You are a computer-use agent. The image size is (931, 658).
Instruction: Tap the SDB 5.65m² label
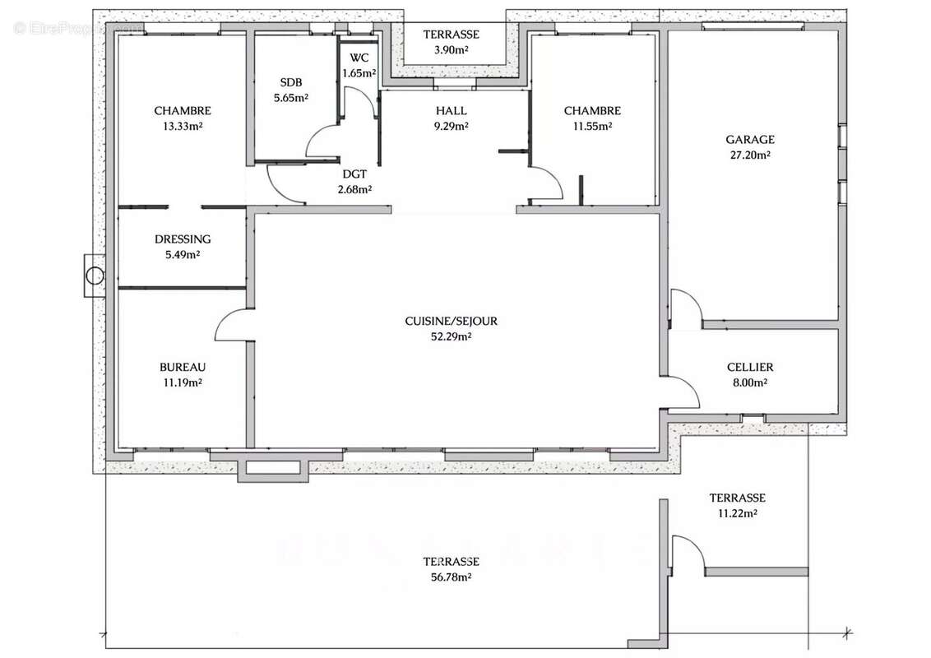pyautogui.click(x=291, y=90)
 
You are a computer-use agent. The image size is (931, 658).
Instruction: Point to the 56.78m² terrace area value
pyautogui.click(x=452, y=577)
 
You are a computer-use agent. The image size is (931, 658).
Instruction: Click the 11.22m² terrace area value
pyautogui.click(x=738, y=513)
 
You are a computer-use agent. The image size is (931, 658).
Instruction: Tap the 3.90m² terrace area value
pyautogui.click(x=452, y=50)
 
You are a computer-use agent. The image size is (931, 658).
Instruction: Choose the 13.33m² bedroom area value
pyautogui.click(x=183, y=126)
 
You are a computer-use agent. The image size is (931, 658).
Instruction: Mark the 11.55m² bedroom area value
pyautogui.click(x=592, y=126)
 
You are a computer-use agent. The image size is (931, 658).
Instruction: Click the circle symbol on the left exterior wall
pyautogui.click(x=95, y=276)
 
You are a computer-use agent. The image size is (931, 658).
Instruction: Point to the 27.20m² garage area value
pyautogui.click(x=750, y=155)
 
